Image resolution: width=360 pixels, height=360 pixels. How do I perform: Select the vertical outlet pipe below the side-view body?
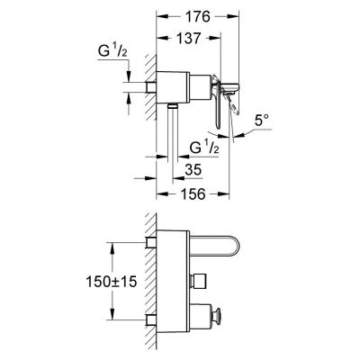pos(167,135)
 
